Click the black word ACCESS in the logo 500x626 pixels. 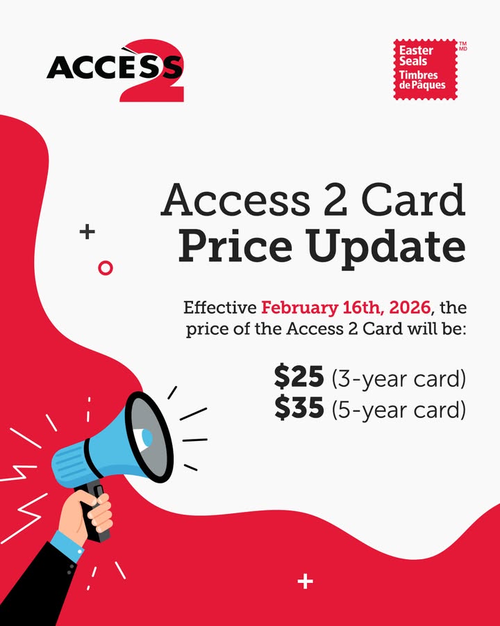click(x=104, y=68)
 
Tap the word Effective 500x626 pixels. click(x=219, y=307)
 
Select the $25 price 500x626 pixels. click(x=299, y=378)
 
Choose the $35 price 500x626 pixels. click(x=299, y=409)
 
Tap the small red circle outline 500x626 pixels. click(x=106, y=267)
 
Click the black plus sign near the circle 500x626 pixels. click(x=87, y=232)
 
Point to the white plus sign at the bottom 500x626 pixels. click(x=305, y=581)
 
